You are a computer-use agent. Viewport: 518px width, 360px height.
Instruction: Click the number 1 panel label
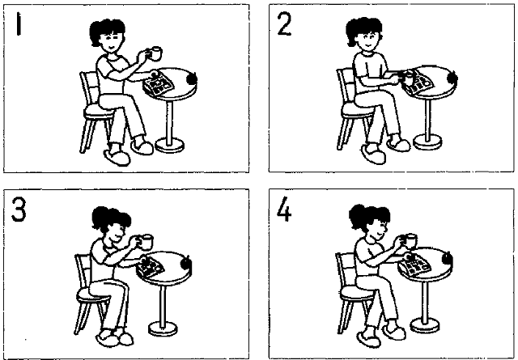click(x=19, y=23)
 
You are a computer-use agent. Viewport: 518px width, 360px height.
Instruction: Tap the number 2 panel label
click(x=284, y=24)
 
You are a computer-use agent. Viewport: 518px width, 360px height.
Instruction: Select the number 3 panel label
click(x=19, y=209)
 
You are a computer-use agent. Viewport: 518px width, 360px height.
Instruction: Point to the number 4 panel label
click(x=284, y=210)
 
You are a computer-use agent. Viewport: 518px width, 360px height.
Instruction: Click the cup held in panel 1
click(x=155, y=53)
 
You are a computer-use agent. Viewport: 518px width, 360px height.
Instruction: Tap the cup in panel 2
click(x=408, y=78)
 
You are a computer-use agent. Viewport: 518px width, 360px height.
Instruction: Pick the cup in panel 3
click(x=146, y=242)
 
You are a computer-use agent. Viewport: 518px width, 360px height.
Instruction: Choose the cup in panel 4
click(x=410, y=241)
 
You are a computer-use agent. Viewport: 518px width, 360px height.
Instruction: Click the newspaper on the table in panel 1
click(x=159, y=84)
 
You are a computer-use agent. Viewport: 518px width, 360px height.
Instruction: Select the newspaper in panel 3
click(x=151, y=267)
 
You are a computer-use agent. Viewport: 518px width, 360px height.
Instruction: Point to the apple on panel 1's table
click(x=193, y=79)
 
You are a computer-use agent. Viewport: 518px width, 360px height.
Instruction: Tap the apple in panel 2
click(x=452, y=78)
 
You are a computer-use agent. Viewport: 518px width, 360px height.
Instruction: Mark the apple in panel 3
click(x=186, y=263)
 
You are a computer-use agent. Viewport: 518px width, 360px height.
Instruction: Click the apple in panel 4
click(x=448, y=259)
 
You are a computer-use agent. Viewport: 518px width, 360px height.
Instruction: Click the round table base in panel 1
click(x=169, y=146)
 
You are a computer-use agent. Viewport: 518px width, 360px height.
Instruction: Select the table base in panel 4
click(x=425, y=326)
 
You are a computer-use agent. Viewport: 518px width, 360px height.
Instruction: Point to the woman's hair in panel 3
click(x=110, y=218)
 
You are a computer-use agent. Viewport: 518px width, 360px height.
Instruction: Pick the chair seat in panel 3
click(x=92, y=294)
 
